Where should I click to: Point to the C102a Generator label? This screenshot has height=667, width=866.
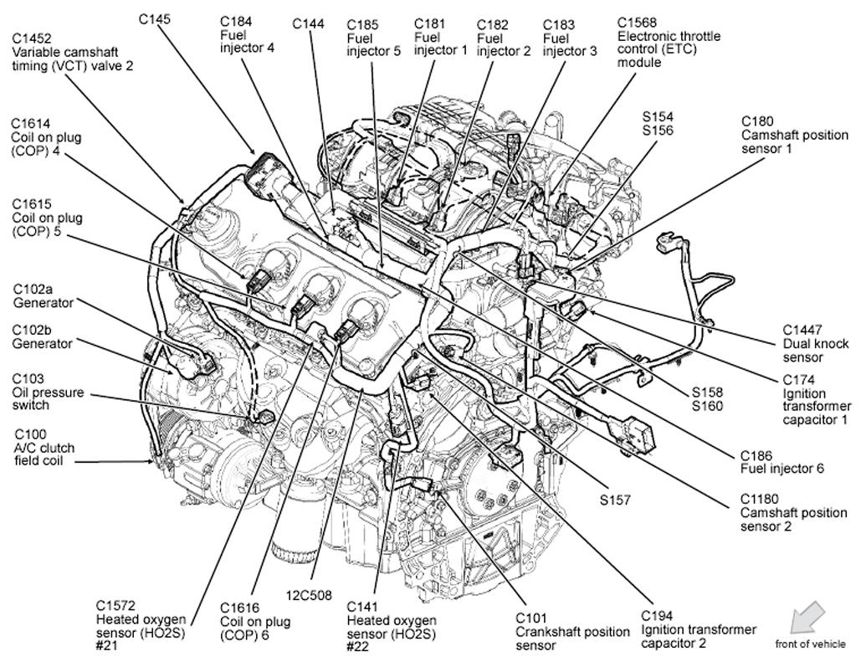pos(43,295)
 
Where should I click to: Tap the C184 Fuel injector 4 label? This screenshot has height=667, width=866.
pos(247,33)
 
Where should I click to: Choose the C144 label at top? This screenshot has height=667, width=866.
pos(308,24)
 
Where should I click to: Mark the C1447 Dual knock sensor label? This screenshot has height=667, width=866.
pos(815,343)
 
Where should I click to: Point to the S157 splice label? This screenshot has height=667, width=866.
pos(614,500)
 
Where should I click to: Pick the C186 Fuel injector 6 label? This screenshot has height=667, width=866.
pos(781,461)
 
